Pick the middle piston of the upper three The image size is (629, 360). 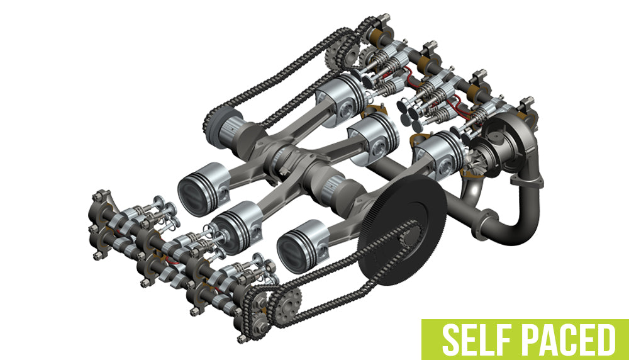point(374,135)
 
